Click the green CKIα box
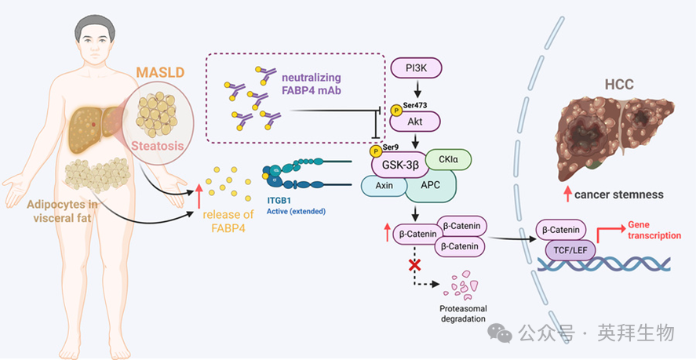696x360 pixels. (x=448, y=162)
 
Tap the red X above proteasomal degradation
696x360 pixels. (x=414, y=265)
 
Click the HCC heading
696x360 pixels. (x=620, y=84)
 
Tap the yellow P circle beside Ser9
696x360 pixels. (x=377, y=151)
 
